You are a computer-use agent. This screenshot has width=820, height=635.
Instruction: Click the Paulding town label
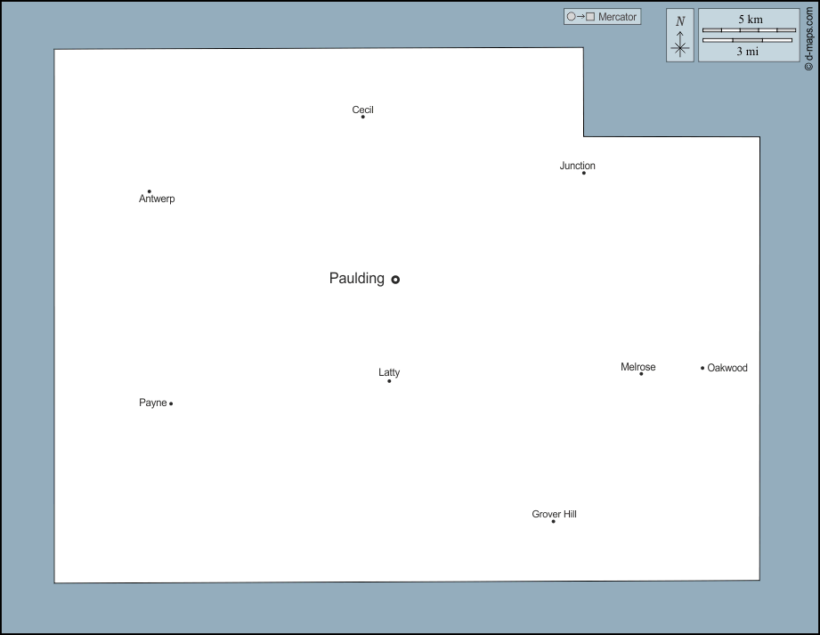[x=357, y=279]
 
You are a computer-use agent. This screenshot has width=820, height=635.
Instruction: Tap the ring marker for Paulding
[x=395, y=280]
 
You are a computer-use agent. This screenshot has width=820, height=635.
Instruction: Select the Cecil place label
[x=362, y=110]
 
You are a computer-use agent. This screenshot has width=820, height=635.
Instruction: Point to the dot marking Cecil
[x=363, y=117]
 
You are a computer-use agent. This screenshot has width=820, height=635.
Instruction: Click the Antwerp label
[x=157, y=199]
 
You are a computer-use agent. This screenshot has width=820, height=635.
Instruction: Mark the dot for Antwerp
[x=149, y=191]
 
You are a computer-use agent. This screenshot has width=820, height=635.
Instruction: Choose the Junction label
[x=577, y=166]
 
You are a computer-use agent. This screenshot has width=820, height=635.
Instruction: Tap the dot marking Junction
[x=584, y=173]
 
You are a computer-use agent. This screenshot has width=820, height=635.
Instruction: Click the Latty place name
[x=389, y=372]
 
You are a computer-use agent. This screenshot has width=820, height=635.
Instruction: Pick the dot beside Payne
[x=171, y=403]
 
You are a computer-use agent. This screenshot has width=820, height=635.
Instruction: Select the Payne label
[x=153, y=403]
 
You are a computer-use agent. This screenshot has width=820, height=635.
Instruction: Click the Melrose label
[x=638, y=367]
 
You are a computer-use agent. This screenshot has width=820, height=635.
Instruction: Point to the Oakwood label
[x=727, y=368]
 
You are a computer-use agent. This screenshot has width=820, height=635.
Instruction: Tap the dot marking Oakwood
[x=702, y=368]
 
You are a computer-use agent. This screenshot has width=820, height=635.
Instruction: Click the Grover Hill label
[x=555, y=514]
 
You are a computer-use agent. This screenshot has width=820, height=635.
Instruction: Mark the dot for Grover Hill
[x=553, y=522]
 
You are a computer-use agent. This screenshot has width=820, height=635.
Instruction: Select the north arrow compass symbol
[x=680, y=36]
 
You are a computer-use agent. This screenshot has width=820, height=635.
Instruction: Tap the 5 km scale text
[x=751, y=20]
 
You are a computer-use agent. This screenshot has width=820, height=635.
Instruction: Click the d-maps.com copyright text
[x=809, y=38]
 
